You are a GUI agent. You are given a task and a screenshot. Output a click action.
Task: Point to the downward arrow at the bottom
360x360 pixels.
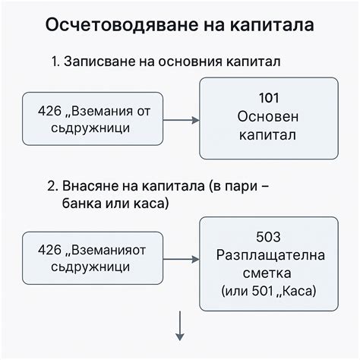[180, 327]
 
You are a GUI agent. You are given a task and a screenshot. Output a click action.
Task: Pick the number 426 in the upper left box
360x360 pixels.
[49, 112]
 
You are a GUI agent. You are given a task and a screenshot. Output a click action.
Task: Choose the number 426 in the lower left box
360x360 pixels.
[49, 251]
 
